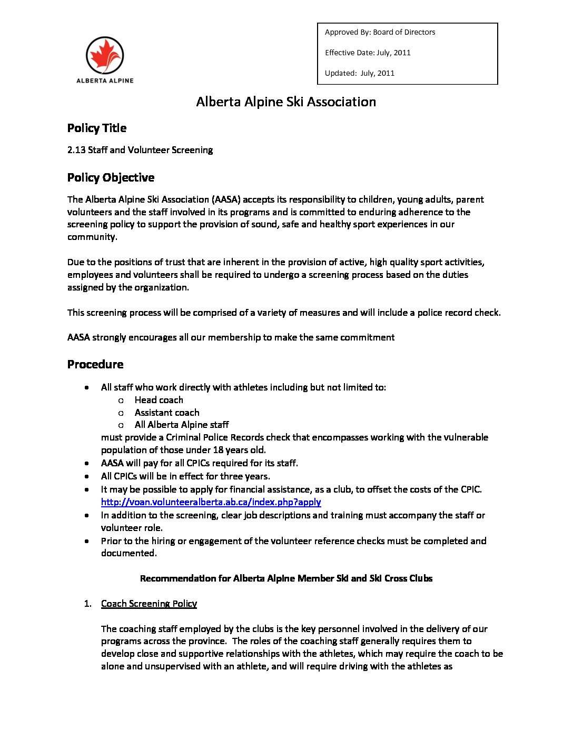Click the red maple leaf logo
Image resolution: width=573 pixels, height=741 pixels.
[x=105, y=55]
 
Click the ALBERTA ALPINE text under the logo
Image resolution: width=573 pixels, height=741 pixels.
[x=105, y=81]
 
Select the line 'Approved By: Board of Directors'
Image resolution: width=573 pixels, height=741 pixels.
[x=380, y=32]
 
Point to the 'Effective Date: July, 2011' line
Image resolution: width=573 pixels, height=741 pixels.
[x=368, y=53]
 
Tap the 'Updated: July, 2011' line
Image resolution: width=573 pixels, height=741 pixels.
[x=359, y=73]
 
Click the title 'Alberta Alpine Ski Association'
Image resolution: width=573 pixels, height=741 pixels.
[x=286, y=102]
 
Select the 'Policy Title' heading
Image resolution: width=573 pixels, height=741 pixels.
[x=97, y=128]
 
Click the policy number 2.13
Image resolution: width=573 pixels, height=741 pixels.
[x=76, y=150]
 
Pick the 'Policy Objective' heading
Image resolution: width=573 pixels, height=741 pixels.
[x=111, y=177]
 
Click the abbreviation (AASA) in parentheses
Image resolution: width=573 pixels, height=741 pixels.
[x=226, y=199]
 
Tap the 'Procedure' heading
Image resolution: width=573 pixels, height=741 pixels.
[x=95, y=364]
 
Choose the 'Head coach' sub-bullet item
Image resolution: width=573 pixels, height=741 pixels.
[x=159, y=400]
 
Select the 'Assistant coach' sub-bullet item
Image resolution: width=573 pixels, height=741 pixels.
[x=167, y=413]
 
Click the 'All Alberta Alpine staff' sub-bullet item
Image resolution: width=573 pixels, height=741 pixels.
[x=182, y=425]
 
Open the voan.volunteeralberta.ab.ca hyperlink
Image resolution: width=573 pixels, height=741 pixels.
[x=211, y=502]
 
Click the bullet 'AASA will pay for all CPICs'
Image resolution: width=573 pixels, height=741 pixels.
[x=199, y=463]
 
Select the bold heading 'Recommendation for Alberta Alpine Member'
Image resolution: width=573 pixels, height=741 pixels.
[x=286, y=578]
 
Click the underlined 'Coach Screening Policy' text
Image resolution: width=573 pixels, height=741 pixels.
[x=149, y=604]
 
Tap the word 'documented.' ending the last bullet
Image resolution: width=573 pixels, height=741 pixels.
[x=129, y=553]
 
